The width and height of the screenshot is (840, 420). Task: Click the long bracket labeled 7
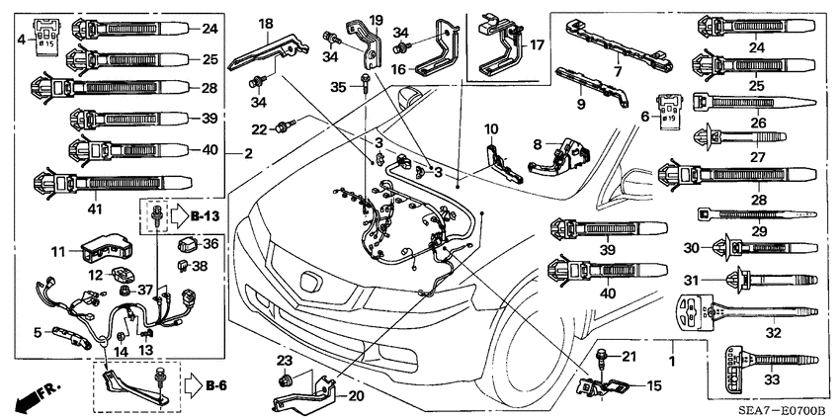(x=603, y=44)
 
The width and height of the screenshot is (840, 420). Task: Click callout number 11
(x=58, y=251)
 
